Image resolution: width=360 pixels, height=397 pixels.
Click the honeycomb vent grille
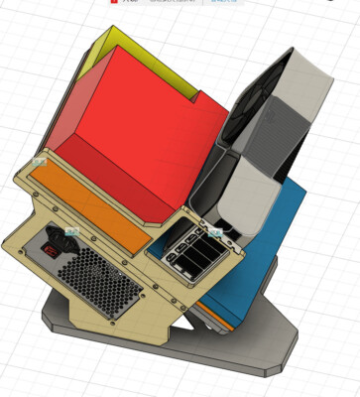96,282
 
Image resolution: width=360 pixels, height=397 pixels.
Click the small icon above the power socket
70,234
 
